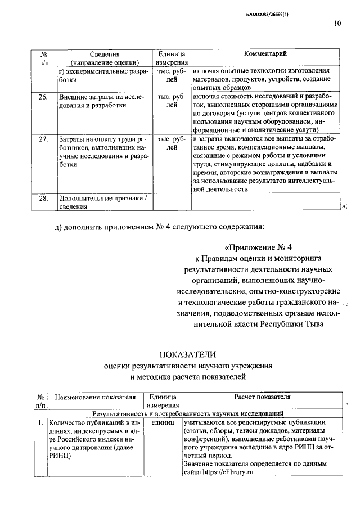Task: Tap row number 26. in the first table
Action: [43, 97]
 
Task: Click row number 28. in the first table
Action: [43, 198]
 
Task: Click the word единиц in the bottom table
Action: [163, 421]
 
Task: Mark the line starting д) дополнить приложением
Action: [159, 227]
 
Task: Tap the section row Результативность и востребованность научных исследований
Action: [192, 413]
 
